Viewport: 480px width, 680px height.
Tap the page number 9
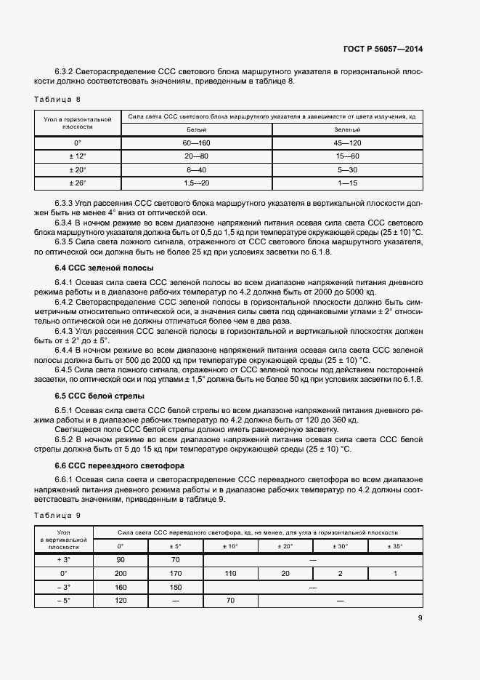420,618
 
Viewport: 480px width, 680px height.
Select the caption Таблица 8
58,98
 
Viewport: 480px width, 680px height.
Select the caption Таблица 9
58,515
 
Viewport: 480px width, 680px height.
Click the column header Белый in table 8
197,129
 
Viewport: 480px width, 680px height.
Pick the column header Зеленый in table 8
348,129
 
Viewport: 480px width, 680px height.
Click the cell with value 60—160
197,143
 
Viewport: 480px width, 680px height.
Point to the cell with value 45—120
348,143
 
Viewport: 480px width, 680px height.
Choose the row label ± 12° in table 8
77,156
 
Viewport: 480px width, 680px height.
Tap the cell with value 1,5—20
197,182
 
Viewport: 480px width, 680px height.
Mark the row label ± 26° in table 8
77,182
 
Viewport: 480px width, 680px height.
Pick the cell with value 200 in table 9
121,573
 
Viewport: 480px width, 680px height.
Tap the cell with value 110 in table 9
230,573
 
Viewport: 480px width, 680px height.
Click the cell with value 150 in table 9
176,587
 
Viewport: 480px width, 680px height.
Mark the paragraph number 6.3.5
67,241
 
